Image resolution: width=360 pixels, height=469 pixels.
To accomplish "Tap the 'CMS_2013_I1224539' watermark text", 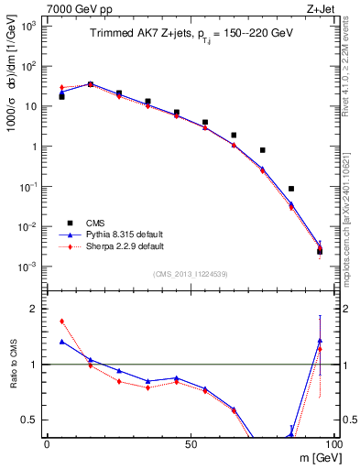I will [x=190, y=273].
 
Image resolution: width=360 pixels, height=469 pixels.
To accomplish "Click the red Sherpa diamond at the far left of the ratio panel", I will [x=61, y=322].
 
